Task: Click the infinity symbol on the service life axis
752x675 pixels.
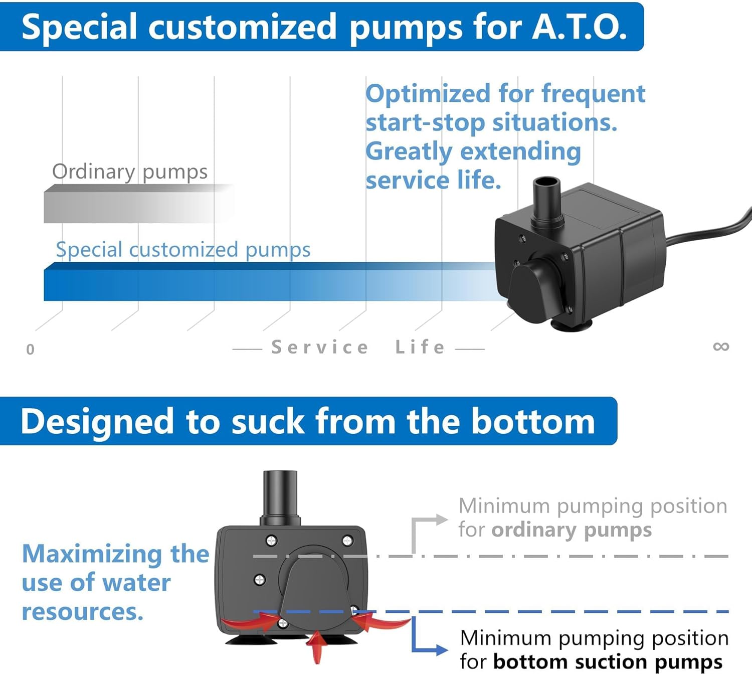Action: click(x=720, y=347)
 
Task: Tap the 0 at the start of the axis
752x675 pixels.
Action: click(x=30, y=350)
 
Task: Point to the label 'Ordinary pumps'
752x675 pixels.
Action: click(x=130, y=172)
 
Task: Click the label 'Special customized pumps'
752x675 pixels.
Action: click(x=183, y=250)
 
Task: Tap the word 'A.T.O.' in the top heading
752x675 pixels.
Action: click(x=579, y=27)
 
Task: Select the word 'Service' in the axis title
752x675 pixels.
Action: click(x=320, y=347)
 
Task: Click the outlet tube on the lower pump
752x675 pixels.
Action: click(x=280, y=496)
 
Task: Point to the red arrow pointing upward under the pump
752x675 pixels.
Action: click(x=316, y=647)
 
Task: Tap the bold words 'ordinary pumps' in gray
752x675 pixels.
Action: click(x=572, y=530)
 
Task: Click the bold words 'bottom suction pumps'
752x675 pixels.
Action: click(x=608, y=662)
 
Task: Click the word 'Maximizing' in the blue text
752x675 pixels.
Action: click(x=92, y=554)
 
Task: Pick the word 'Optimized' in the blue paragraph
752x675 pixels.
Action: click(x=428, y=94)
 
